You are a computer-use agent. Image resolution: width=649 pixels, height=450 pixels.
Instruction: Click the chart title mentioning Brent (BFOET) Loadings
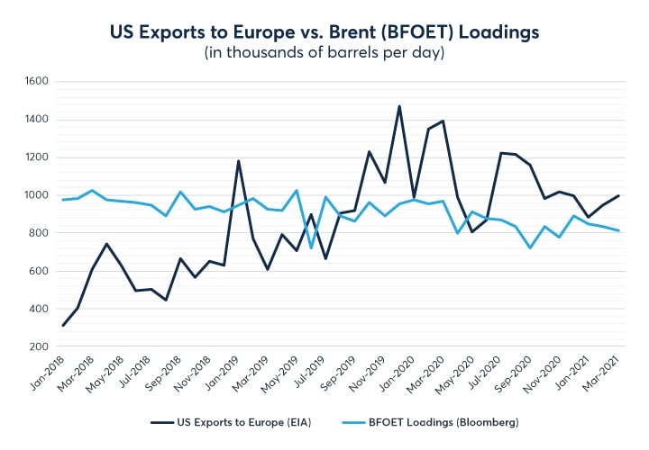(324, 32)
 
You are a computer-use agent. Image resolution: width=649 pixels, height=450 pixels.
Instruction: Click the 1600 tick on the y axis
(37, 81)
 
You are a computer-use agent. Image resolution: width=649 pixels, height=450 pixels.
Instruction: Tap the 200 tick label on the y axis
(40, 346)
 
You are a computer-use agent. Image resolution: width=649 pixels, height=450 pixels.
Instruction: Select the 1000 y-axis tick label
(37, 195)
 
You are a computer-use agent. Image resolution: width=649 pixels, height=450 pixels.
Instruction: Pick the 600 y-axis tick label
(40, 271)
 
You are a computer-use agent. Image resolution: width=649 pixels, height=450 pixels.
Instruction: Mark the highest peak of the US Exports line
(399, 106)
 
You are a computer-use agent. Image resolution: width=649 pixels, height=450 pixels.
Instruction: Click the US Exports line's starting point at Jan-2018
(63, 325)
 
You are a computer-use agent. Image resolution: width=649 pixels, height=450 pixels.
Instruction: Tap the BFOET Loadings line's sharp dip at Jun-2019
(312, 247)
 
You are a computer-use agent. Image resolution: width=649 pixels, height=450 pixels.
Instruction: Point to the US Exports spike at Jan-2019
(238, 161)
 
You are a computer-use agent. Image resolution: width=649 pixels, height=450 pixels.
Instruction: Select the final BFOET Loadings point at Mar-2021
(618, 230)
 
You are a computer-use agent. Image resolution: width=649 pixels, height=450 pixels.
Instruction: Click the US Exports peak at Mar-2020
(443, 121)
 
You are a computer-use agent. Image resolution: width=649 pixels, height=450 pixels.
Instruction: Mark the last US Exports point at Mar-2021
(618, 195)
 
